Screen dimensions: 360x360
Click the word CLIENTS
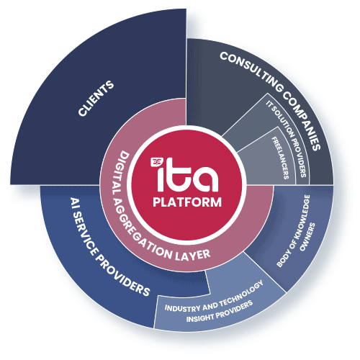tap(96, 102)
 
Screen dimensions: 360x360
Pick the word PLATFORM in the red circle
tap(187, 202)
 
